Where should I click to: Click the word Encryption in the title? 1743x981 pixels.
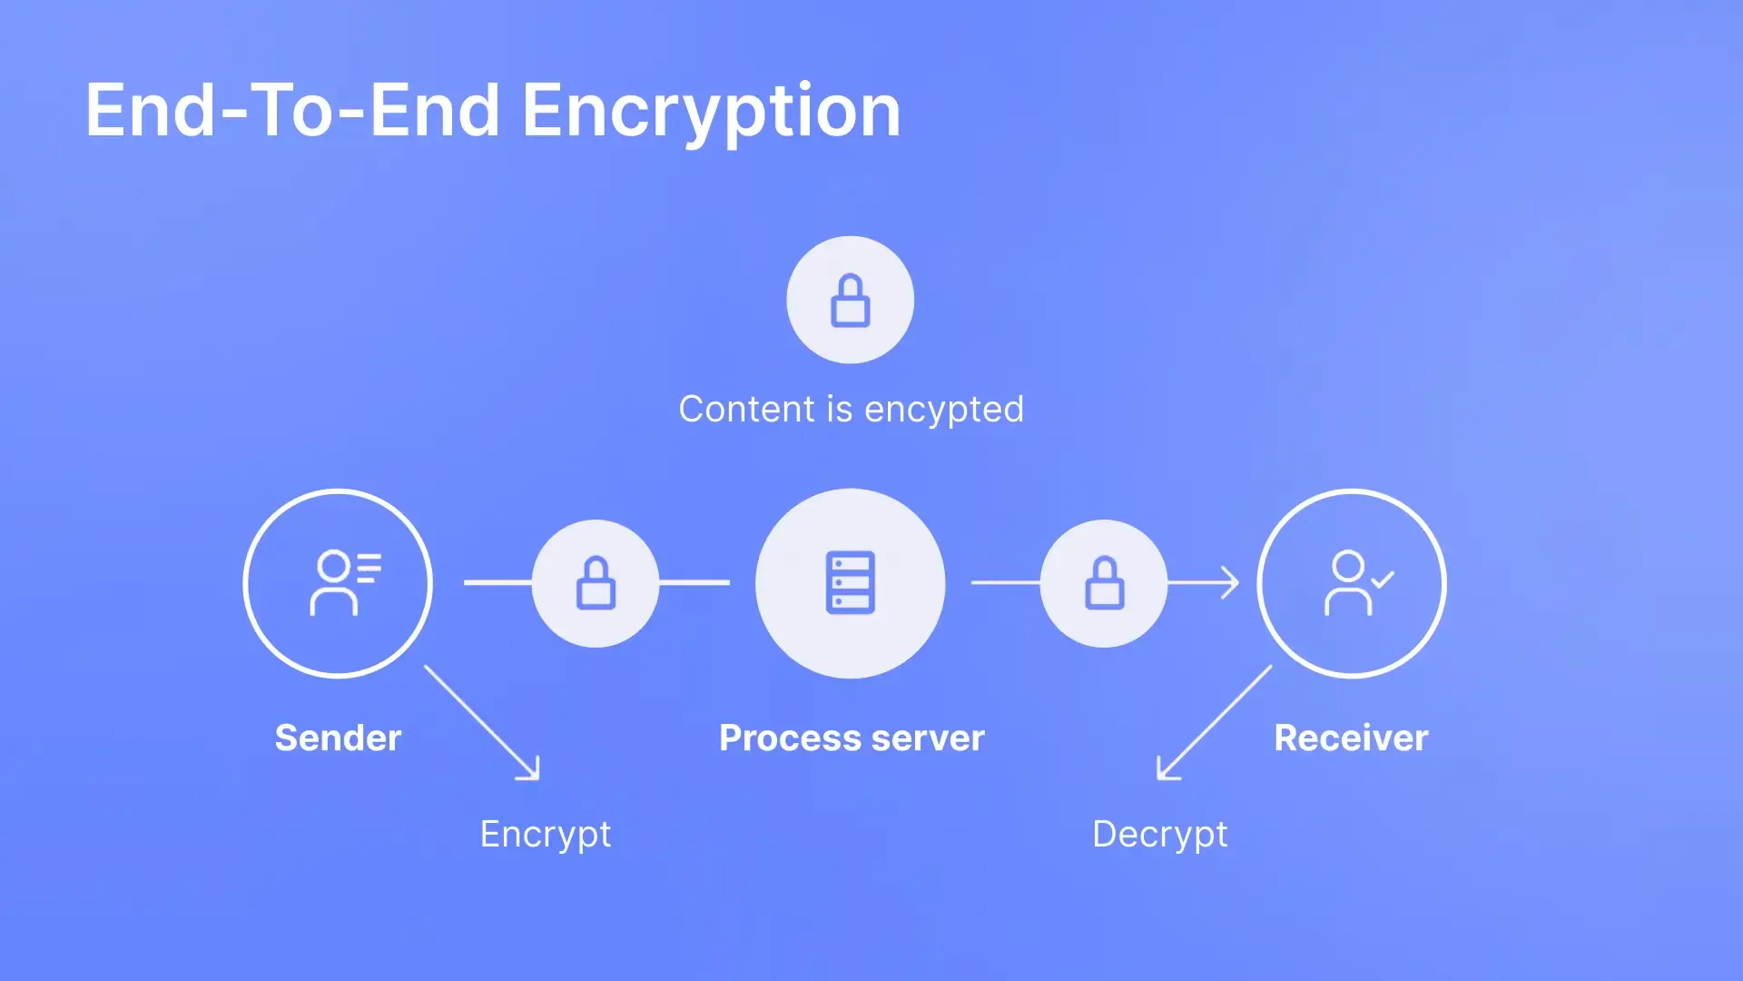[x=711, y=112]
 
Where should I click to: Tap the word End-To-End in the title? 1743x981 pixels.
[x=292, y=110]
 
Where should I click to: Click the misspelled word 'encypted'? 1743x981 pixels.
[x=944, y=410]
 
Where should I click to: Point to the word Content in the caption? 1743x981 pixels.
[x=746, y=409]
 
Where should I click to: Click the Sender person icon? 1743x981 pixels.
[x=346, y=583]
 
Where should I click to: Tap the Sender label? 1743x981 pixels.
[x=338, y=738]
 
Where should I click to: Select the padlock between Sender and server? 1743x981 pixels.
[x=596, y=582]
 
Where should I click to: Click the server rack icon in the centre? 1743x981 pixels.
[x=851, y=582]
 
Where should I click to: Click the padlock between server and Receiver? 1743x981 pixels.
[x=1105, y=582]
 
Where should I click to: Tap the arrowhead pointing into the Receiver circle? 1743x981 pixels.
[x=1230, y=582]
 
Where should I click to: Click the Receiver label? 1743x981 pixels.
[x=1351, y=738]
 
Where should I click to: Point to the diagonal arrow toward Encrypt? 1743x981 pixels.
[x=482, y=723]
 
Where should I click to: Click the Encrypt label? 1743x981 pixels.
[x=546, y=835]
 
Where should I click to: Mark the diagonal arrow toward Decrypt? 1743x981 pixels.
[x=1215, y=723]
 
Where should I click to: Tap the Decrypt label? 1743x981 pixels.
[x=1160, y=835]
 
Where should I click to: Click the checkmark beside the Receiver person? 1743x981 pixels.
[x=1383, y=580]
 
